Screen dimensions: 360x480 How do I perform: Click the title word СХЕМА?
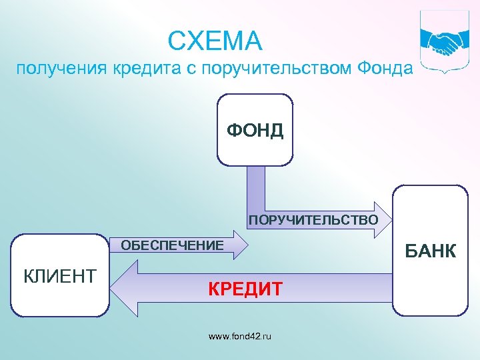coord(215,42)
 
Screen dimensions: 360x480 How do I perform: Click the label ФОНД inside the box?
coord(255,130)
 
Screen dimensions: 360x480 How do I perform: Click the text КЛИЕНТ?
coord(60,275)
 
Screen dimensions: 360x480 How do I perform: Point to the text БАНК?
coord(430,251)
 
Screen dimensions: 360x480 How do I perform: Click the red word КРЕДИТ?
coord(245,289)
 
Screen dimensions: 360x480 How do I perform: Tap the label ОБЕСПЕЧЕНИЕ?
coord(172,246)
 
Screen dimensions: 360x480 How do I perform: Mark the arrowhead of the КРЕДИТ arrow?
coord(123,287)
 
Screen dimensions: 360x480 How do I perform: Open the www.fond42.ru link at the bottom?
coord(240,337)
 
